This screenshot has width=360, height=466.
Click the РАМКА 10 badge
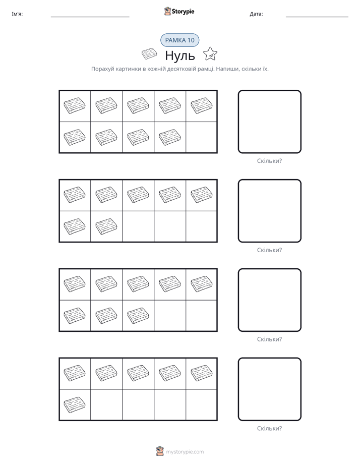179,40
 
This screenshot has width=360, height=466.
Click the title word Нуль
180,55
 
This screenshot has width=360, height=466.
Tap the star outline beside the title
210,54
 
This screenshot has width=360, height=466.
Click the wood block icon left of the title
149,54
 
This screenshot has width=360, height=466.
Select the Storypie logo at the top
179,11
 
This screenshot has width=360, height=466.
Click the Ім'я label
17,14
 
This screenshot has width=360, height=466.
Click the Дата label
256,14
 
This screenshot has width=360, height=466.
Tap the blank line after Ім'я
90,17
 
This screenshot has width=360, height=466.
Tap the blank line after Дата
317,17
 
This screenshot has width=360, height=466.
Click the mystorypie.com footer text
185,452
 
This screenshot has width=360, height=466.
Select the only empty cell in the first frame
201,137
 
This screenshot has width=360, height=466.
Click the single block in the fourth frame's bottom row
75,404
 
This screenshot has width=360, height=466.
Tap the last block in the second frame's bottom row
106,226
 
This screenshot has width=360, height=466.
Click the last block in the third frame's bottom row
138,315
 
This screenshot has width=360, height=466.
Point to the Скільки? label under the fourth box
269,428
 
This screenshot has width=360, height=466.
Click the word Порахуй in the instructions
103,69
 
